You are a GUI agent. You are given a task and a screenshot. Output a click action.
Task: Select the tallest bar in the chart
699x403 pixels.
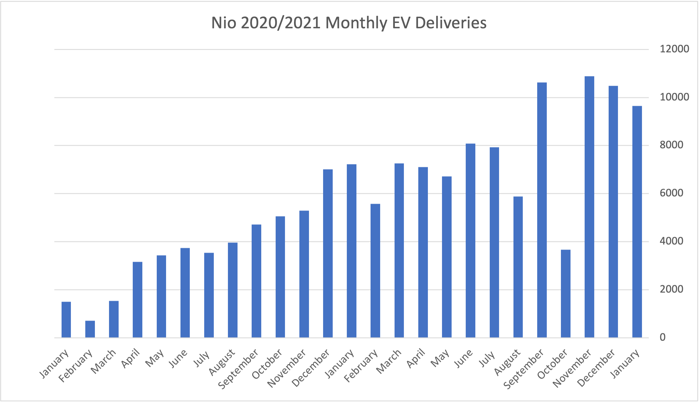coord(589,206)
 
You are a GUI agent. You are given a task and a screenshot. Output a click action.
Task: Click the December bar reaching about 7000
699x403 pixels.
coord(328,253)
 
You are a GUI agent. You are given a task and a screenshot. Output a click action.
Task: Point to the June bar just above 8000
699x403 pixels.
coord(471,240)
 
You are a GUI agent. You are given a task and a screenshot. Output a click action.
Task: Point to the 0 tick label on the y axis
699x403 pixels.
coord(663,337)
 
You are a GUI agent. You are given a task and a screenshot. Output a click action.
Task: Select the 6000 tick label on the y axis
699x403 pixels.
coord(671,193)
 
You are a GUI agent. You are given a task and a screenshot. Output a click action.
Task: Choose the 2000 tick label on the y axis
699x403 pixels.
coord(671,289)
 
